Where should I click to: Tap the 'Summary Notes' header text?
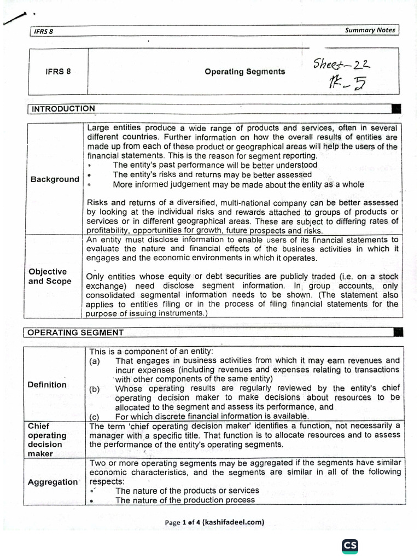click(370, 30)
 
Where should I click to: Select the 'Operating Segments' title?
click(244, 72)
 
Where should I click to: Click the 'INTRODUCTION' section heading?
click(63, 109)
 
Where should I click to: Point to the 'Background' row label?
click(55, 179)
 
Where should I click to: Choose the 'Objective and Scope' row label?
click(50, 276)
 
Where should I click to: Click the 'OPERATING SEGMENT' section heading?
click(75, 332)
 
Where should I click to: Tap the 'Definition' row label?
click(47, 384)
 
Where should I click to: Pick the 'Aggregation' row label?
click(53, 482)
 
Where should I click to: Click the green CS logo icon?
click(350, 546)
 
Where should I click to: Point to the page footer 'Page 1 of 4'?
click(214, 522)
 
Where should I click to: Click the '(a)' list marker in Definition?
click(95, 361)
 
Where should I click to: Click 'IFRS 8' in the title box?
click(57, 72)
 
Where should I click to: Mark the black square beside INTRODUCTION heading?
click(396, 108)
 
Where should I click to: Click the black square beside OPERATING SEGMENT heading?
click(399, 331)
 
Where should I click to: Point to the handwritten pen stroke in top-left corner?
click(15, 19)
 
